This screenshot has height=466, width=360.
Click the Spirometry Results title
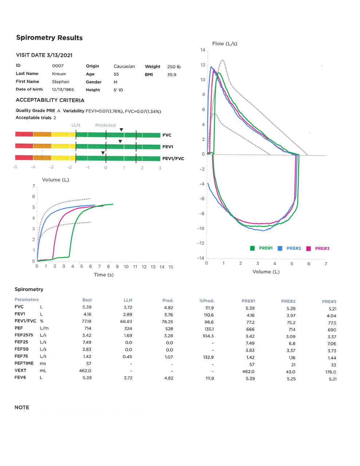(x=49, y=38)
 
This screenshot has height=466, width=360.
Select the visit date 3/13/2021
(x=59, y=55)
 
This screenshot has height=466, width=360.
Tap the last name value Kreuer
(x=59, y=74)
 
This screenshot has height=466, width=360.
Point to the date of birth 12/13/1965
(x=63, y=90)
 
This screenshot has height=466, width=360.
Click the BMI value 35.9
(x=171, y=75)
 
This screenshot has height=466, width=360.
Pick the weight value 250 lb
(x=174, y=67)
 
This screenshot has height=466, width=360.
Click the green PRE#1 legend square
(x=252, y=248)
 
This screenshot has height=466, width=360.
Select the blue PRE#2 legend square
(x=280, y=248)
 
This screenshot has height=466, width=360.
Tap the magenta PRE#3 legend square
(x=308, y=249)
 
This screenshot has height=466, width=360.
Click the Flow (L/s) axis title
(x=225, y=44)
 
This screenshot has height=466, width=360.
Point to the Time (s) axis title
(x=104, y=275)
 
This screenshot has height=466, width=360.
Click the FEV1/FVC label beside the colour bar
(x=173, y=159)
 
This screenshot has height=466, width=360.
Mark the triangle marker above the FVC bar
(x=121, y=130)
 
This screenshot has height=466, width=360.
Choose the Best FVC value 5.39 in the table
(x=87, y=307)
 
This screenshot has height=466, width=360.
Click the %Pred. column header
(x=207, y=301)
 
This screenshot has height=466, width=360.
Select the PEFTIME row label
(x=24, y=363)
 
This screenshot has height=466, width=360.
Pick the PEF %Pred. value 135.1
(x=209, y=329)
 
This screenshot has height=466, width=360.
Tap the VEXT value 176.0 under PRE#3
(x=331, y=372)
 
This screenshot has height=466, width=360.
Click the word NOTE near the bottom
(x=22, y=407)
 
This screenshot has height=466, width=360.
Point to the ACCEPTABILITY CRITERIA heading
(x=50, y=100)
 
